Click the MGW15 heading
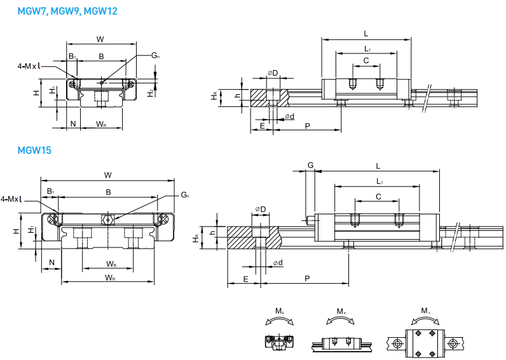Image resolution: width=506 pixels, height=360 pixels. click(x=34, y=151)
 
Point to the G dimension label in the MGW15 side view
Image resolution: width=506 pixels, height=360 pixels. click(x=310, y=165)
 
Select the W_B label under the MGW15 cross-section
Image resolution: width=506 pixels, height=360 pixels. click(x=111, y=263)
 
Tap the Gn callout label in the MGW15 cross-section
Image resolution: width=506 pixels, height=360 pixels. click(x=184, y=194)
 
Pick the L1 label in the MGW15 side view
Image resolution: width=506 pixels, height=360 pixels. click(x=378, y=182)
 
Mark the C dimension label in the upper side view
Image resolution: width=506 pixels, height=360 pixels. click(x=366, y=60)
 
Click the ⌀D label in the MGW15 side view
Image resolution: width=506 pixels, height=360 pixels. click(x=261, y=209)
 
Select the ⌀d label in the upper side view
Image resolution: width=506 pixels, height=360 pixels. click(x=289, y=116)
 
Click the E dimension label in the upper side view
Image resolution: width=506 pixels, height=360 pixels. click(x=262, y=127)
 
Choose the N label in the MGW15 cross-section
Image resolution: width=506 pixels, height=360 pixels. click(x=51, y=261)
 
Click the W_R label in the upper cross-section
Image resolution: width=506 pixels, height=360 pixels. click(x=100, y=123)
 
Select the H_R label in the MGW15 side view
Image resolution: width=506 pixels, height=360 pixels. click(x=196, y=239)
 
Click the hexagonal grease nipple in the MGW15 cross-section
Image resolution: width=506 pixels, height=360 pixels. click(x=108, y=220)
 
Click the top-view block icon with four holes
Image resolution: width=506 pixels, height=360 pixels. click(x=424, y=342)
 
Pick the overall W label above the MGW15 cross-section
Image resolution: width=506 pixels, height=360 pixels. click(x=107, y=175)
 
